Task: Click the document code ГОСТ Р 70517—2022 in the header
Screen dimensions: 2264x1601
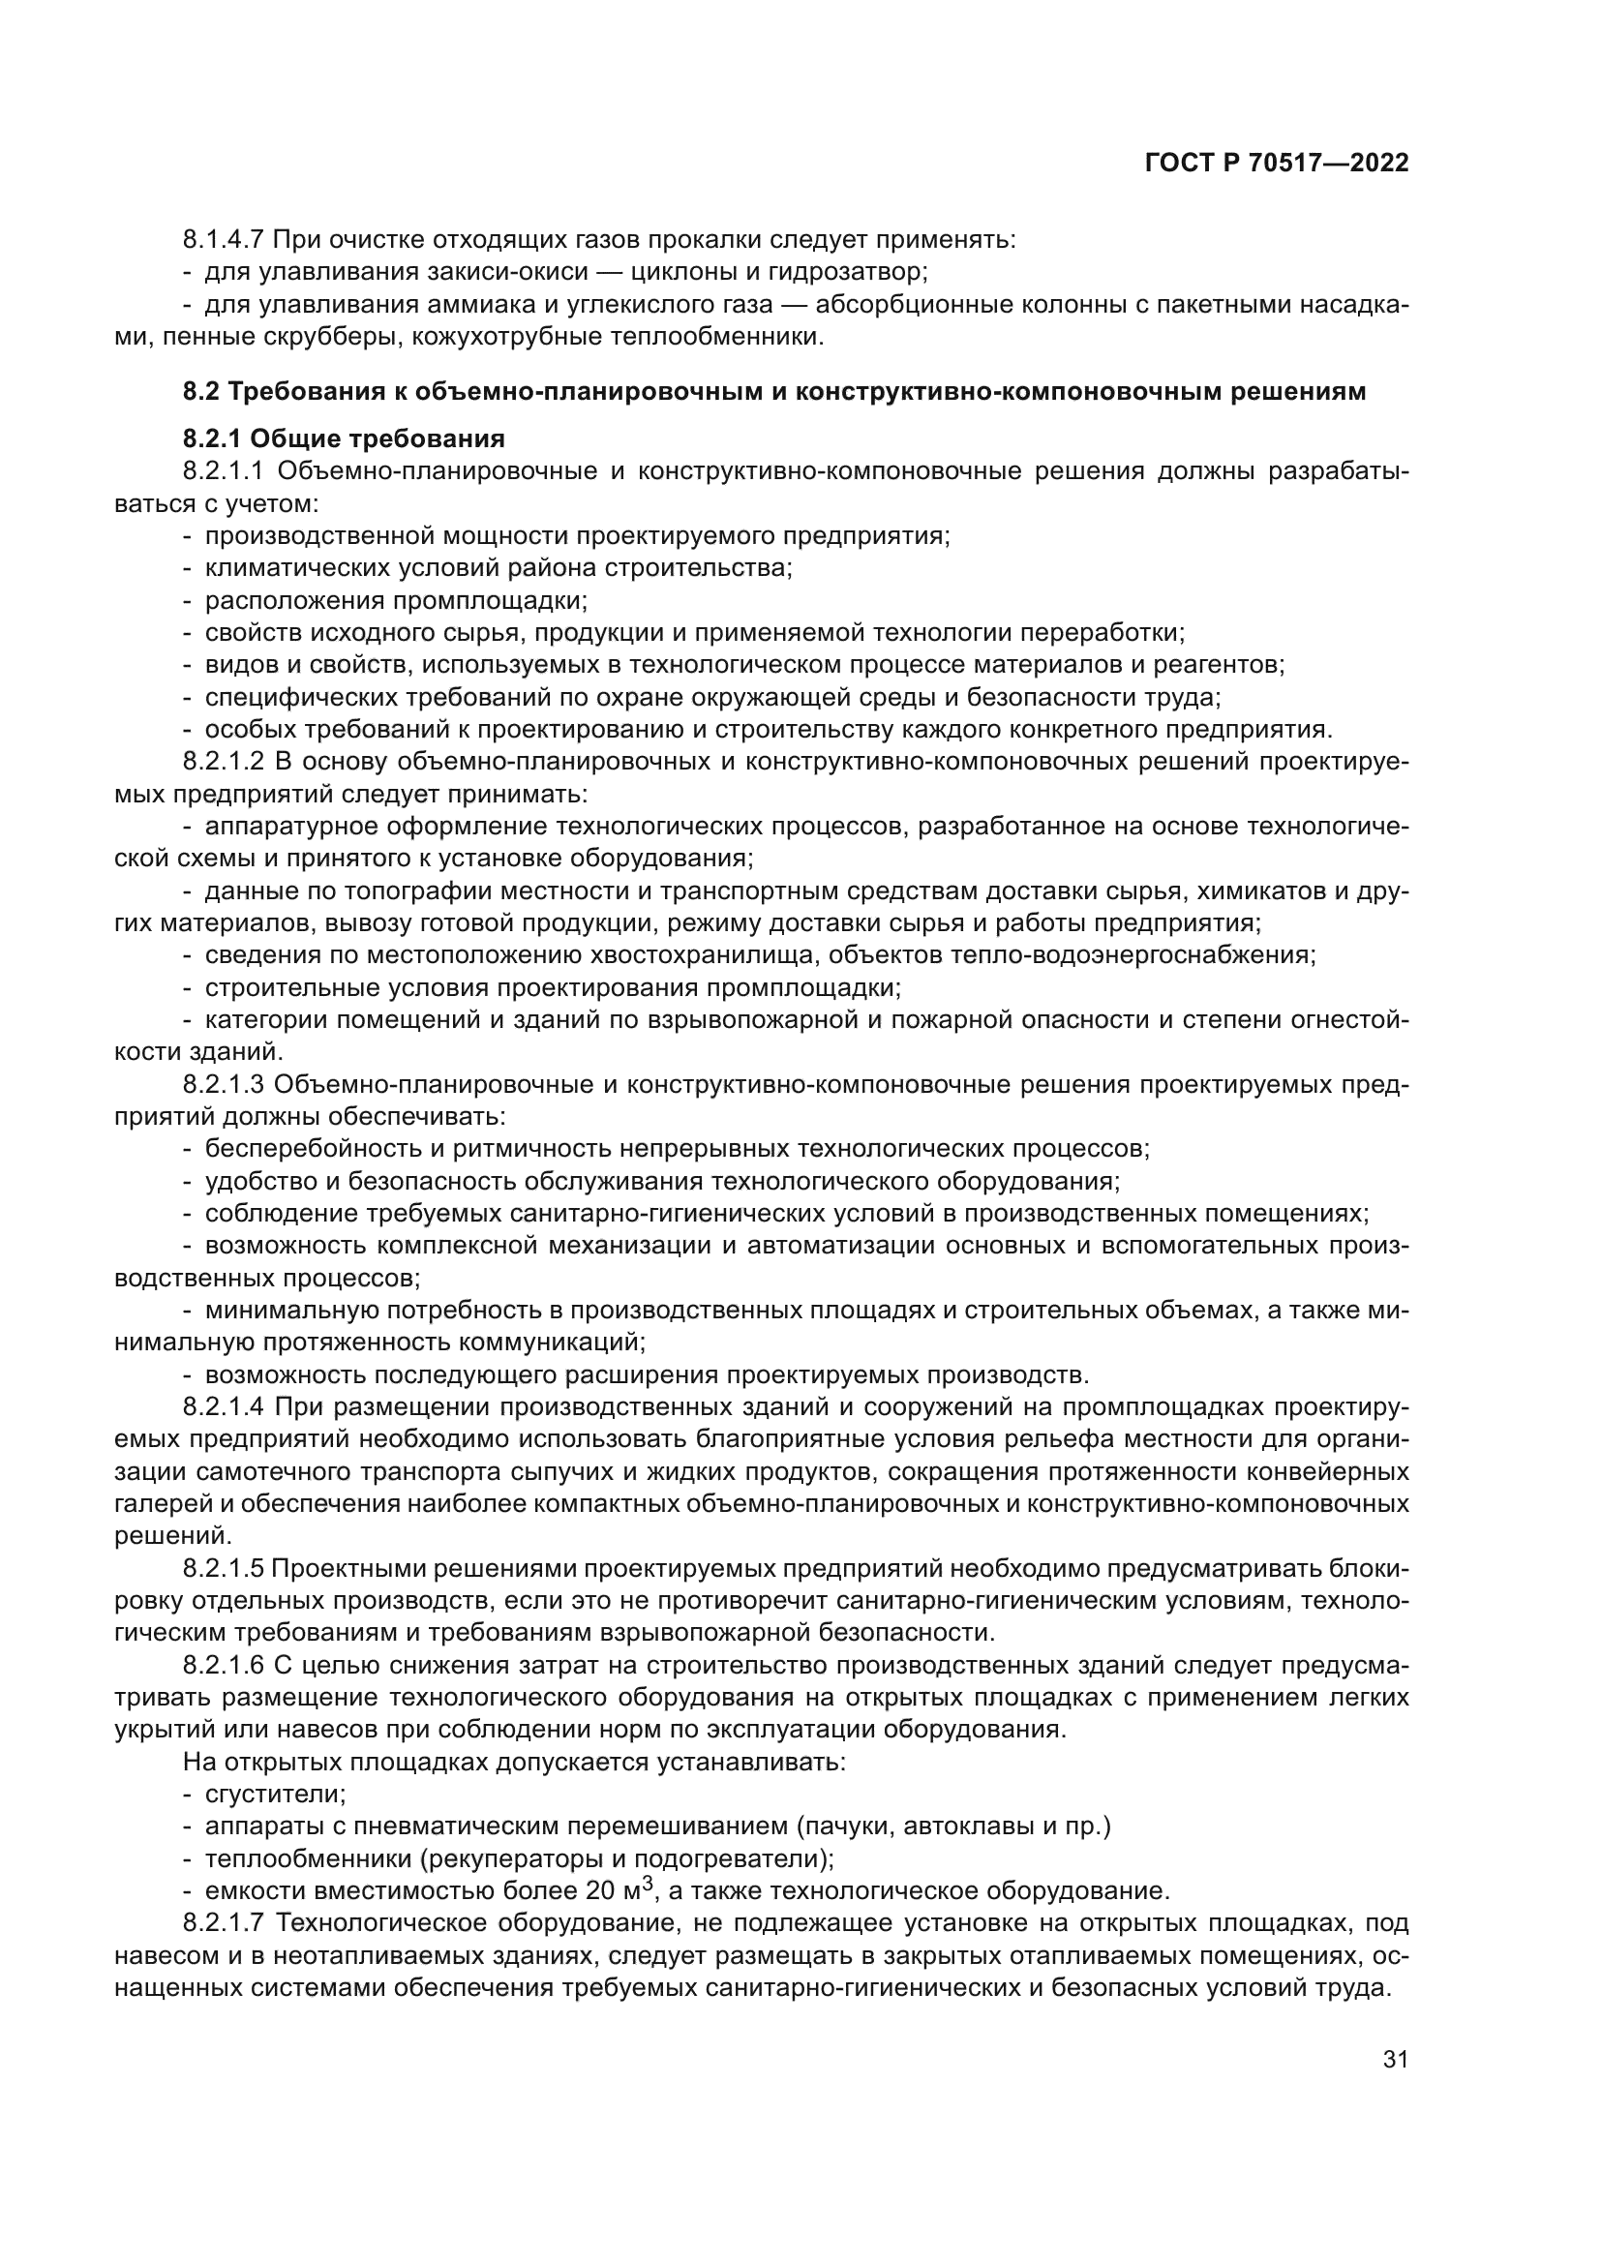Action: pos(1277,164)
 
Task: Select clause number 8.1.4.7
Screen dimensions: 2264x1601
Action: pos(224,240)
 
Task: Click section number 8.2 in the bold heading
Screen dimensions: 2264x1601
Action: pos(201,392)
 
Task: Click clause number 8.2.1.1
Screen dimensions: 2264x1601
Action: pos(224,471)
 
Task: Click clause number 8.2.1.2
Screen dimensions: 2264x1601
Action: pos(224,762)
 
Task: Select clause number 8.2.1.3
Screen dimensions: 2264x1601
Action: pos(224,1086)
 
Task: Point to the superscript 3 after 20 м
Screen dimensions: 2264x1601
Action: pos(648,1885)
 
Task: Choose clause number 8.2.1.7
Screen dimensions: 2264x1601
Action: pos(224,1924)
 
